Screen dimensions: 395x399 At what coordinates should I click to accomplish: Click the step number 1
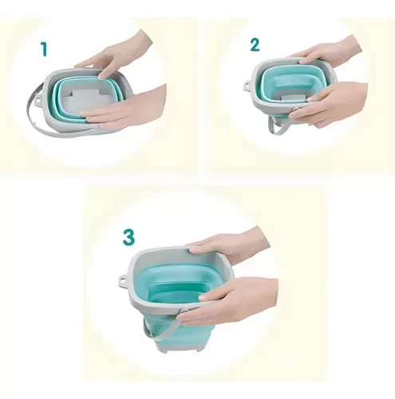click(x=44, y=49)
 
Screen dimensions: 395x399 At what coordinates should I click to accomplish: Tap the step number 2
click(x=255, y=45)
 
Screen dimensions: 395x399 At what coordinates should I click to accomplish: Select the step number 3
click(x=128, y=237)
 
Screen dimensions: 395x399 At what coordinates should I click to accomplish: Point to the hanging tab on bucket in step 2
click(x=247, y=85)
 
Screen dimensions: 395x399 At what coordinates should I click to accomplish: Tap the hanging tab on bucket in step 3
click(x=123, y=280)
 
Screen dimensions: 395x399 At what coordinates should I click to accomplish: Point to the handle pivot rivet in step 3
click(x=182, y=311)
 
